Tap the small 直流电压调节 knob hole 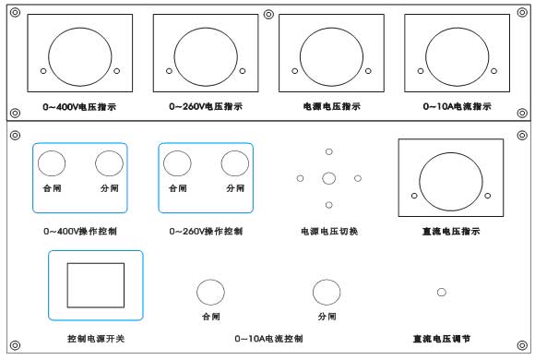tap(442, 292)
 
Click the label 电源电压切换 tap(329, 232)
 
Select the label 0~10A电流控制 tap(268, 339)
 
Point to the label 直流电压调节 tap(442, 339)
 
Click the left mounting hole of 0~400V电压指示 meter tap(43, 71)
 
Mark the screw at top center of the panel tap(268, 15)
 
